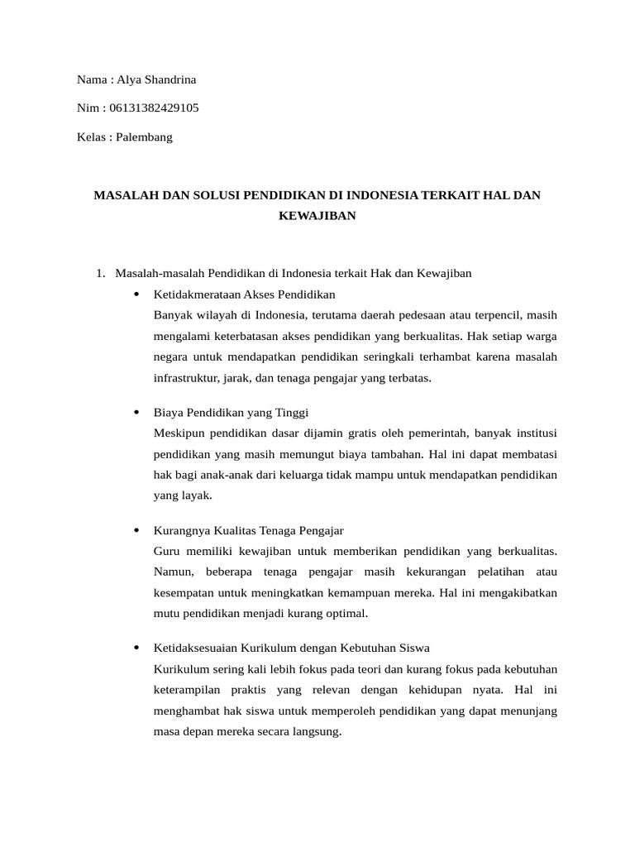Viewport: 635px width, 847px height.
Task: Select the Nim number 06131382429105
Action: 154,108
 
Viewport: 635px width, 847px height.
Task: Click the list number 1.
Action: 100,272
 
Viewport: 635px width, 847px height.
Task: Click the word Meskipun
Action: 179,433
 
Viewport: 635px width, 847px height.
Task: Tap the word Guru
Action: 166,550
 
